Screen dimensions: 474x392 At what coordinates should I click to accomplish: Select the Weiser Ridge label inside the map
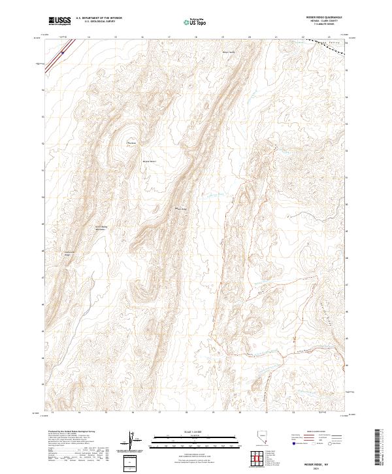coord(181,209)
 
